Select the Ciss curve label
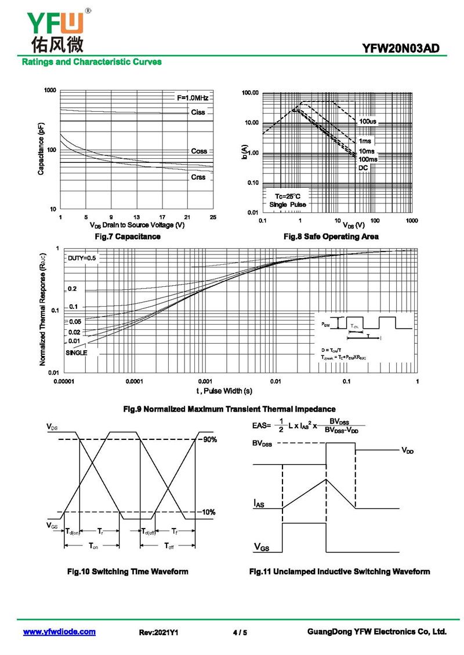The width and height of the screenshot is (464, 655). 198,112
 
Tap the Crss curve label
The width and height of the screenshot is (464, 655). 198,177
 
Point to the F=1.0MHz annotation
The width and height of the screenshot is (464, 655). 192,98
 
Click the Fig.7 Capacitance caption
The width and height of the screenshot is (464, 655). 128,236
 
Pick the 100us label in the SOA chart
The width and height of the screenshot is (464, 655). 367,122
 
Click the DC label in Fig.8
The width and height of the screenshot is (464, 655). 363,168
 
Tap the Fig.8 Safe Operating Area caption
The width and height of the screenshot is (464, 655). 331,236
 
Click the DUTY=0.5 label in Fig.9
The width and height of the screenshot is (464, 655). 82,258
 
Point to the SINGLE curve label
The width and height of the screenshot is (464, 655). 76,352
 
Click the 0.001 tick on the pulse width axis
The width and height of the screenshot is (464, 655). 205,381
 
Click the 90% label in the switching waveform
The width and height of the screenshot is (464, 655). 209,439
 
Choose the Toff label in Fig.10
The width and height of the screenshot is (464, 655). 168,546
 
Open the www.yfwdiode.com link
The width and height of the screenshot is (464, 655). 59,632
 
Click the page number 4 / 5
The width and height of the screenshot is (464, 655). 240,632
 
